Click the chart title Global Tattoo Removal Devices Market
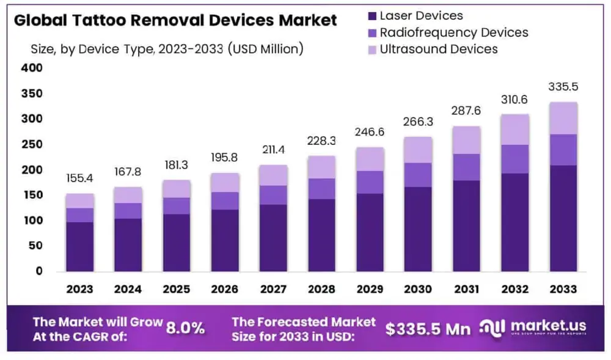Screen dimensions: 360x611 175,20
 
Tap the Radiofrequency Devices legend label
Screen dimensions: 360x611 453,32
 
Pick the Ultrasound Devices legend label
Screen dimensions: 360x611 439,49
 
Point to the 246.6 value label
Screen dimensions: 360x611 370,133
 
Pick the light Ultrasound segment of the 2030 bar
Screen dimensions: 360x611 418,150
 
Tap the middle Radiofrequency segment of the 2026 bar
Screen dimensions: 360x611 225,200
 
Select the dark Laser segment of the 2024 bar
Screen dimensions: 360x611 128,244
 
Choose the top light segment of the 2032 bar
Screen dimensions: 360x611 514,130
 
